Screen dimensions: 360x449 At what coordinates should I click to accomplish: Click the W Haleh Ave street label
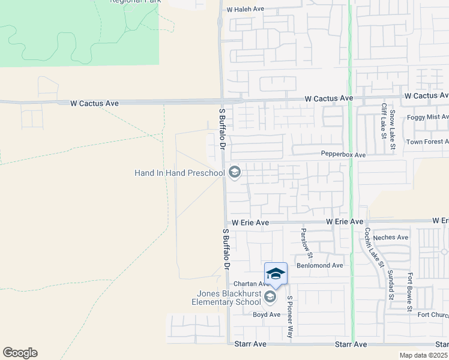pos(246,10)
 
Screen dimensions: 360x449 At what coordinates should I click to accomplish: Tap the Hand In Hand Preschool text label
pos(179,173)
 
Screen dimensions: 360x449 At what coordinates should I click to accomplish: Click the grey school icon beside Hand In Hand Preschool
pos(235,173)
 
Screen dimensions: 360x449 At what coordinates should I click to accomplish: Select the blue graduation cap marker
pos(276,274)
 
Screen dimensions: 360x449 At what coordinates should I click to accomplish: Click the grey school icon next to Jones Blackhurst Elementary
pos(270,297)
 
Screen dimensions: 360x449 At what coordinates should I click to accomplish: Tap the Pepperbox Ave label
pos(343,155)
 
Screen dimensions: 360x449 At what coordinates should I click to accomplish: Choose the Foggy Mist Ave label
pos(427,117)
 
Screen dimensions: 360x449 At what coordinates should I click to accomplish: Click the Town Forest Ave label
pos(427,142)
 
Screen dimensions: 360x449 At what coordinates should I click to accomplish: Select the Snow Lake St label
pos(393,128)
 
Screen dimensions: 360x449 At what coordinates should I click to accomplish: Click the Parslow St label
pos(304,241)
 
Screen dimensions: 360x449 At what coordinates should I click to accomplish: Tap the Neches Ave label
pos(390,237)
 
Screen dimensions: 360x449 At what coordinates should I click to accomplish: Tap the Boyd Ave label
pos(267,314)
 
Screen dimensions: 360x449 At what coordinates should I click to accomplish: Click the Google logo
pos(20,353)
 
